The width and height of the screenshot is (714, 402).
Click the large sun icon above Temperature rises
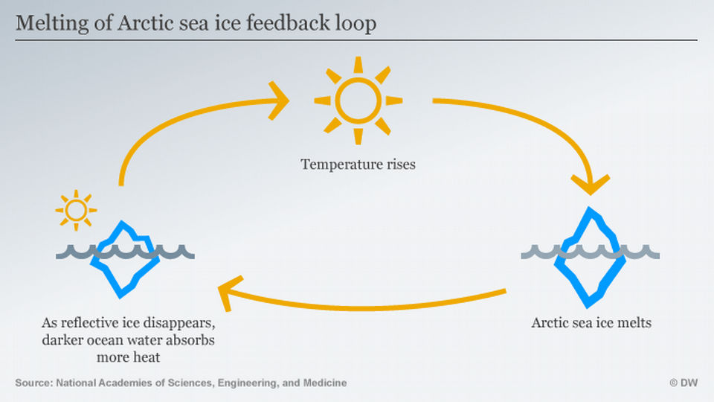tap(358, 100)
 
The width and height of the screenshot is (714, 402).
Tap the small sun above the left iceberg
tap(75, 211)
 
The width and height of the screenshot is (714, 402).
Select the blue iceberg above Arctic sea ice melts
tap(591, 256)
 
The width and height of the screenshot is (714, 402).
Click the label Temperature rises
tap(358, 164)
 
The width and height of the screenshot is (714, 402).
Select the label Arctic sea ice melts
tap(591, 323)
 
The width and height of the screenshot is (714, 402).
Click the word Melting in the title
tap(45, 23)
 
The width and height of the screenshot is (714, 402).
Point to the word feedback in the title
tap(292, 23)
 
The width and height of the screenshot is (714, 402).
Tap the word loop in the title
tap(356, 23)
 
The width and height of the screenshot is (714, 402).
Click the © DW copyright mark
tap(683, 383)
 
